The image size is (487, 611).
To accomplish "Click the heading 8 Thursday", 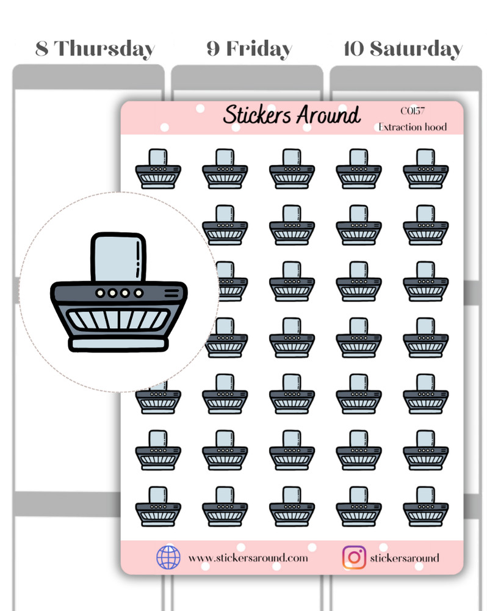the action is click(x=95, y=49).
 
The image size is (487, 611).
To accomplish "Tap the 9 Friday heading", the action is click(x=249, y=49).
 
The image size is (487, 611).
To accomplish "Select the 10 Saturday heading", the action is click(x=403, y=49).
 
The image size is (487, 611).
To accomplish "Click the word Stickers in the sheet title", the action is click(x=257, y=115).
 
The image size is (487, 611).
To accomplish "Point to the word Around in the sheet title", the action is click(x=328, y=115).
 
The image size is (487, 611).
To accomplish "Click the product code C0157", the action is click(x=413, y=111).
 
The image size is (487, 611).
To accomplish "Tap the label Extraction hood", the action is click(x=413, y=127).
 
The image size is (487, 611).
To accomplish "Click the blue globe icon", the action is click(x=168, y=557).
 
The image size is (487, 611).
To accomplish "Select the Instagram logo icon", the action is click(x=354, y=557).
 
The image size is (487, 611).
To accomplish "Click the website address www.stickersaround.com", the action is click(x=248, y=558).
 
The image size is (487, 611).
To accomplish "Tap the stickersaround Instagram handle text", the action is click(x=405, y=558).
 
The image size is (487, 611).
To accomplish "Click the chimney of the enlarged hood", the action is click(x=118, y=257).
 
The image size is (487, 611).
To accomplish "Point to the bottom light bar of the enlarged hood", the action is click(x=118, y=343).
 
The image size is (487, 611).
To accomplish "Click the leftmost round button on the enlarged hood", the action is click(x=100, y=293).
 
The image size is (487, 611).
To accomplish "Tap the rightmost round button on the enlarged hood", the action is click(x=138, y=293).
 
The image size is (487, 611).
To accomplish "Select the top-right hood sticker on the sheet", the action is click(x=425, y=169).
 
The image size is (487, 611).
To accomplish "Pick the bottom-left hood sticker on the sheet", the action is click(x=158, y=507).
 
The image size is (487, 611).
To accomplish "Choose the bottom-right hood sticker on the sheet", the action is click(x=425, y=507).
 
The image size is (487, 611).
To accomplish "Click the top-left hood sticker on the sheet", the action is click(x=158, y=169).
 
